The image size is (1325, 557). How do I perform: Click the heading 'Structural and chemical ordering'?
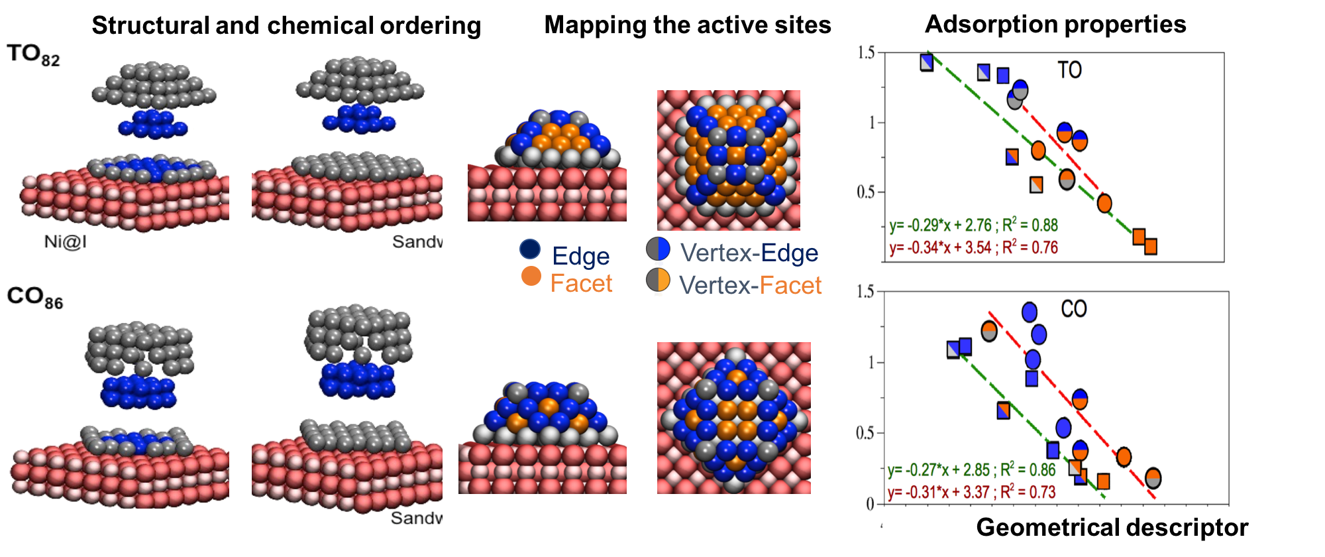286,25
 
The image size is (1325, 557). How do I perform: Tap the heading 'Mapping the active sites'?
687,25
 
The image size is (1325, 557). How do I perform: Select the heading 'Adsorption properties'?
1055,24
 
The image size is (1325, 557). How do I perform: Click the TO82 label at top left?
33,54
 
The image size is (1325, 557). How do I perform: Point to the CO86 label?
34,297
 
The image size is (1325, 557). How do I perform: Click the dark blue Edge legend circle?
530,249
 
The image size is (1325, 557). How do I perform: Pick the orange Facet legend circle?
531,276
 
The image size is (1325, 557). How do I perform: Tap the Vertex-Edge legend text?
749,253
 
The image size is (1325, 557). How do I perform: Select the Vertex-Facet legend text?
750,285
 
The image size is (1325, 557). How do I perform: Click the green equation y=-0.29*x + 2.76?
973,225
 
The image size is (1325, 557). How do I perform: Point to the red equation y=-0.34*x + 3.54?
973,248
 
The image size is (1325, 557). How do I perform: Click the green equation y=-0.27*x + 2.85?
971,470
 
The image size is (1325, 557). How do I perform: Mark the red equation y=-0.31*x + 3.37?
971,493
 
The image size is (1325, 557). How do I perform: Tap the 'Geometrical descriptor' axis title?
1112,528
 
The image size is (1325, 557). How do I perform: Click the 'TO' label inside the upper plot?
1069,70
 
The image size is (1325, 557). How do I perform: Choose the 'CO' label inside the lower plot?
1073,309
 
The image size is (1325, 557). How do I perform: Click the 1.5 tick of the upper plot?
866,53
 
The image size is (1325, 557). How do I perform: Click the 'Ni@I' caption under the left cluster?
65,241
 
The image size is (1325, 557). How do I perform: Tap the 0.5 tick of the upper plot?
866,192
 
